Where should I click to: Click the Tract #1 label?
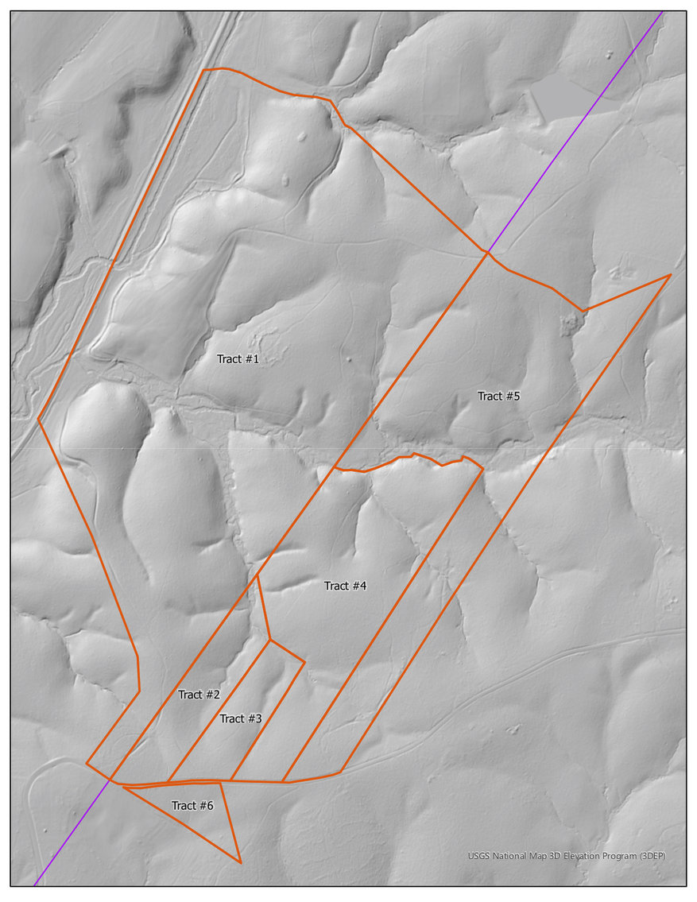tap(238, 359)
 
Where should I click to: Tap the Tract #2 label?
tap(199, 695)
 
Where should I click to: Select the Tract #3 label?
tap(241, 718)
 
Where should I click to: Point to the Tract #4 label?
tap(345, 586)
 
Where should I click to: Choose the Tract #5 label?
tap(498, 396)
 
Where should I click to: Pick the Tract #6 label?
tap(192, 806)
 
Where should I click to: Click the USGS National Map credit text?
tap(566, 856)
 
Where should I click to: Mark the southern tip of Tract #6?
tap(240, 862)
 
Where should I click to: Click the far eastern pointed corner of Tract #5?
tap(671, 275)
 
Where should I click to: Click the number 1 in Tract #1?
tap(256, 359)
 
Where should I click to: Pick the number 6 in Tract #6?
tap(210, 806)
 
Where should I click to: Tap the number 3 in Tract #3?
tap(258, 718)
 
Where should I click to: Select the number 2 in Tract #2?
tap(216, 695)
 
